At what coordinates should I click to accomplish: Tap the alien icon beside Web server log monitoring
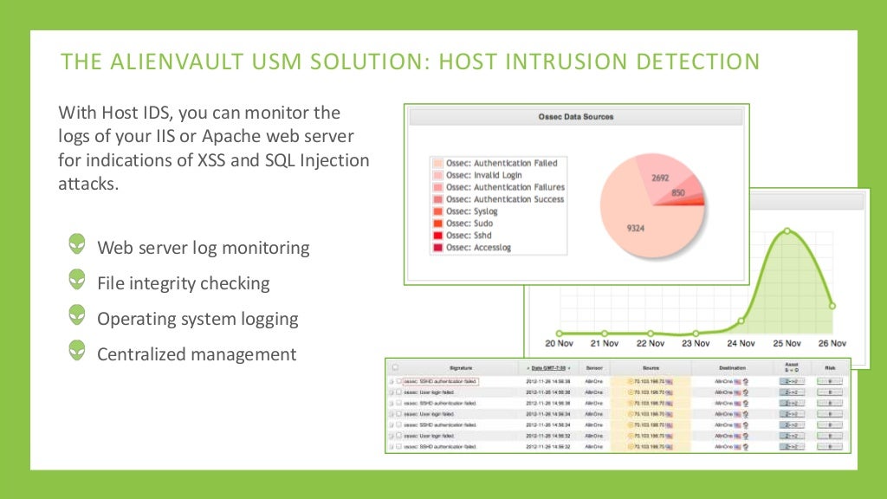(78, 245)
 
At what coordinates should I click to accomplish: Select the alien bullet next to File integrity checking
(78, 281)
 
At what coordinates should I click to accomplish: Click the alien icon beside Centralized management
(78, 352)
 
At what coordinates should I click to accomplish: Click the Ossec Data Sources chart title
(576, 116)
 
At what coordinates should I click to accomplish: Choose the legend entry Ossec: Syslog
(484, 211)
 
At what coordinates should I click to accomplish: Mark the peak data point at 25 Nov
(787, 230)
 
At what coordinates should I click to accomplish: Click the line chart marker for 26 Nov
(832, 305)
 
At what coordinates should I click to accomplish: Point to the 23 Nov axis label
(695, 343)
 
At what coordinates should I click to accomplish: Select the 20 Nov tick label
(559, 343)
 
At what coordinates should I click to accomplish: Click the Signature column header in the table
(461, 368)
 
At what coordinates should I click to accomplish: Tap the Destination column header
(732, 368)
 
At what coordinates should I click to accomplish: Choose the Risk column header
(829, 368)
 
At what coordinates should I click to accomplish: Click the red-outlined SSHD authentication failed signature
(441, 381)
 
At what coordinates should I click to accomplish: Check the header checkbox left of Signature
(396, 367)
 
